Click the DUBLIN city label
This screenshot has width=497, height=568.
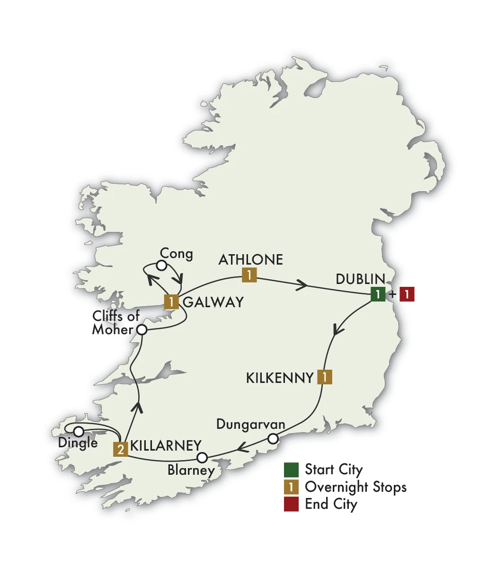pos(361,279)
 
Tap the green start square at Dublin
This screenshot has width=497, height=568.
pos(378,294)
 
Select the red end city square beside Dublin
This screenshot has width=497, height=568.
pos(407,294)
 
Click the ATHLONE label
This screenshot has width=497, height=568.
pos(251,260)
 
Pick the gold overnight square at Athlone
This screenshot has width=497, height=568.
pos(249,275)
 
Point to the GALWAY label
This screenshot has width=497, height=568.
pos(213,302)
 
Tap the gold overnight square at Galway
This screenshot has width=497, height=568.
pos(171,302)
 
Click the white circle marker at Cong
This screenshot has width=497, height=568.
pos(161,266)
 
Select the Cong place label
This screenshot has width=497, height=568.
pos(177,254)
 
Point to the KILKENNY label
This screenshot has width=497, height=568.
pos(280,378)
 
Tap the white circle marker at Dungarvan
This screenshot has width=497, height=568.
pos(273,439)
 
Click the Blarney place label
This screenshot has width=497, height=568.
pos(191,470)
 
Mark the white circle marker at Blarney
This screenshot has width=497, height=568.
pos(202,457)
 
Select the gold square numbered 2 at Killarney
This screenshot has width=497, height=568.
pos(121,449)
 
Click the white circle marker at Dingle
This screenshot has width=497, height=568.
pos(79,431)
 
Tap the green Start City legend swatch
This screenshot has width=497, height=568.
pos(291,470)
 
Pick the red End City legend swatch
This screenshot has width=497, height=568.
pos(291,504)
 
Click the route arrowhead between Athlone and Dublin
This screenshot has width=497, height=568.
pos(302,285)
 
